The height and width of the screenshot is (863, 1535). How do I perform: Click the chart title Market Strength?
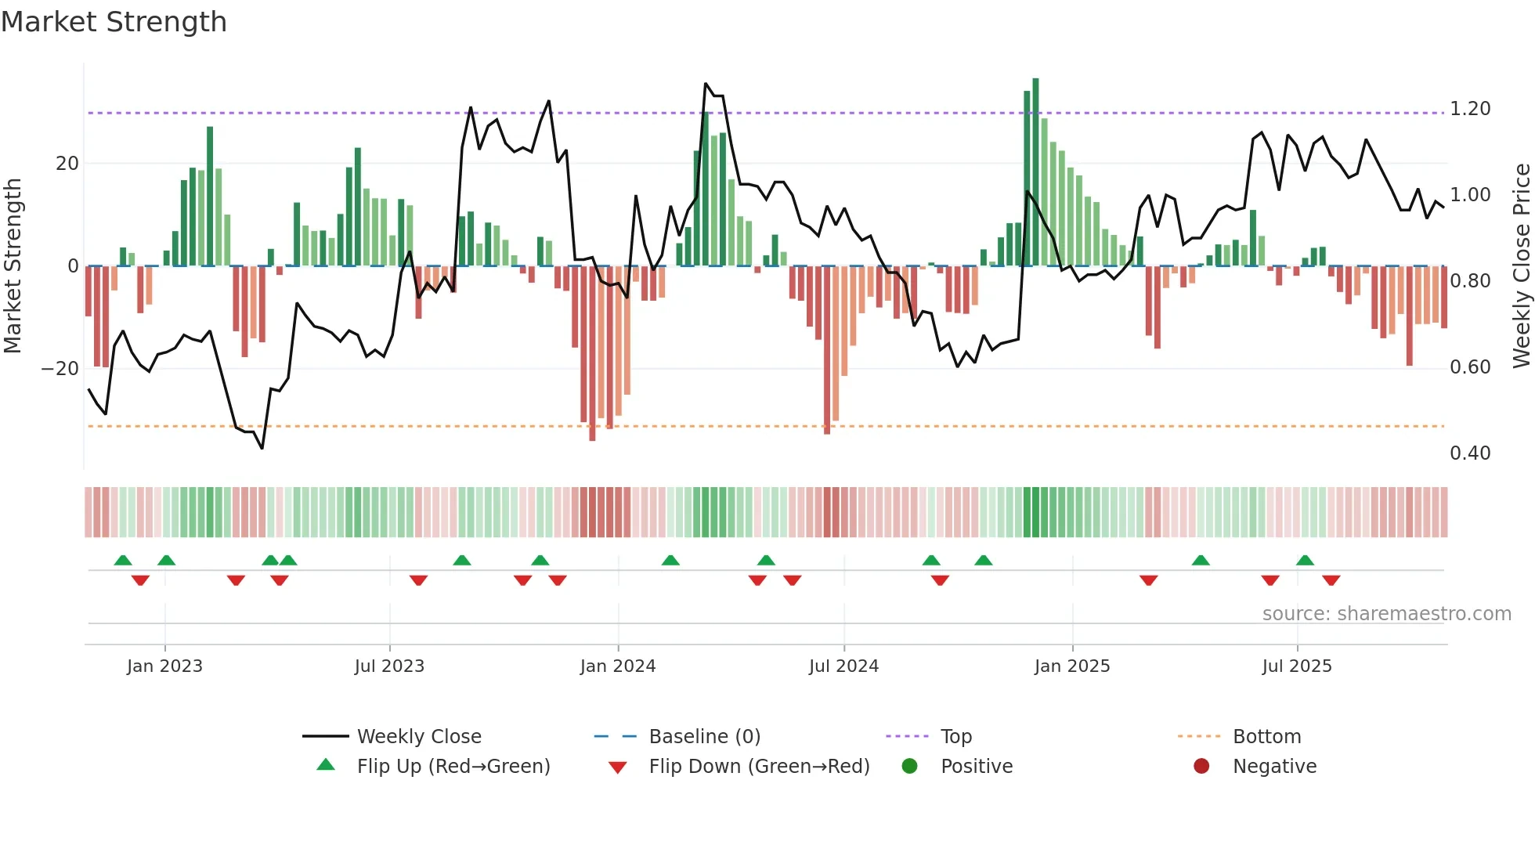pos(114,22)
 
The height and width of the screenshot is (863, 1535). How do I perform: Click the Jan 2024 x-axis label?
pos(617,666)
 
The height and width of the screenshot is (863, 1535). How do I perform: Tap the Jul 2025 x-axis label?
pos(1296,666)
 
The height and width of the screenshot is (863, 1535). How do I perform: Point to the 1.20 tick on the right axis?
pos(1469,109)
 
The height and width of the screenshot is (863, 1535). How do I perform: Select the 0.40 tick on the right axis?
pos(1469,453)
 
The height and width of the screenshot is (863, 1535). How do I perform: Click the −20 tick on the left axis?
pos(60,369)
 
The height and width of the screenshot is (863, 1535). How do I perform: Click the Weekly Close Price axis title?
pos(1521,265)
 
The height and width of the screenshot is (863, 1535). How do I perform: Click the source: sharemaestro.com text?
pos(1386,614)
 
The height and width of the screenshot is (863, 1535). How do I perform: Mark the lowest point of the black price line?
pos(262,448)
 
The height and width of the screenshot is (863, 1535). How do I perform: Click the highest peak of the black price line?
pos(706,84)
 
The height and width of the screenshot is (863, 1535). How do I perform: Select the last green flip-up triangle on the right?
pos(1305,561)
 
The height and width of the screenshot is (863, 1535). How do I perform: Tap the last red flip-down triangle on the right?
pos(1331,580)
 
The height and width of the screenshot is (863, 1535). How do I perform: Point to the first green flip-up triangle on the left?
pos(123,561)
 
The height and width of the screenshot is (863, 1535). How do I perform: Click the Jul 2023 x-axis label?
pos(389,666)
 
